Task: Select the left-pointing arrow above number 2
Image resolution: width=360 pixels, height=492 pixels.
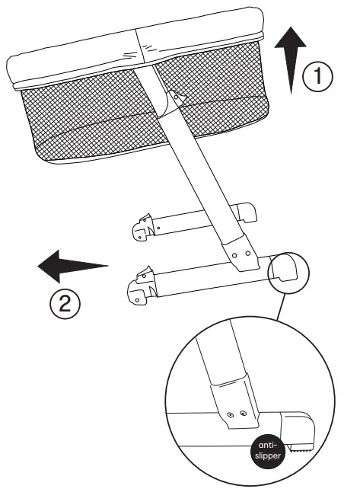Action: [73, 267]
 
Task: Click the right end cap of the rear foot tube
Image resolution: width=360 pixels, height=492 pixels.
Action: [245, 210]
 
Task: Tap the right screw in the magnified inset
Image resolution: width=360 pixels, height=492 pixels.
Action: [242, 412]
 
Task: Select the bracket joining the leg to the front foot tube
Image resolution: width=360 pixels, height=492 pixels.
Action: [243, 255]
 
